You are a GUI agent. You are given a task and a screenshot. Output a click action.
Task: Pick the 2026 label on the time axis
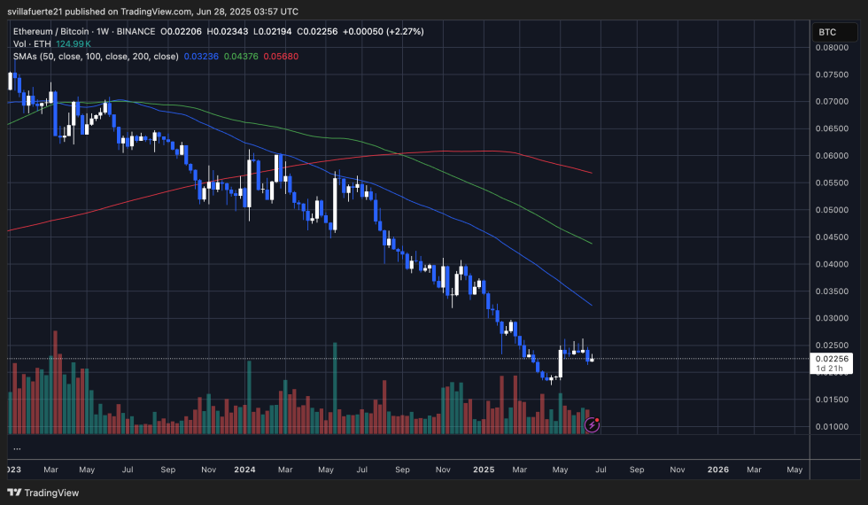pyautogui.click(x=718, y=470)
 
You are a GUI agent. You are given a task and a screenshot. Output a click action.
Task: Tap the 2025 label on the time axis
pyautogui.click(x=484, y=470)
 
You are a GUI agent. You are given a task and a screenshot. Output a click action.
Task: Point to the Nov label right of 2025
pyautogui.click(x=678, y=470)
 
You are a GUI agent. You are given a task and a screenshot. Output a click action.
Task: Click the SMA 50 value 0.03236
pyautogui.click(x=199, y=56)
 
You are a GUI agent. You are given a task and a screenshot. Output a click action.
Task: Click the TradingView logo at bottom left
pyautogui.click(x=44, y=493)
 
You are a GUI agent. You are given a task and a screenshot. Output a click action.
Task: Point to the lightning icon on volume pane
pyautogui.click(x=593, y=424)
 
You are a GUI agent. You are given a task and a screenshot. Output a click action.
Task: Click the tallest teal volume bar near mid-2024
pyautogui.click(x=335, y=387)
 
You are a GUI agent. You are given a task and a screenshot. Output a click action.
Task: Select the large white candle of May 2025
pyautogui.click(x=561, y=364)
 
